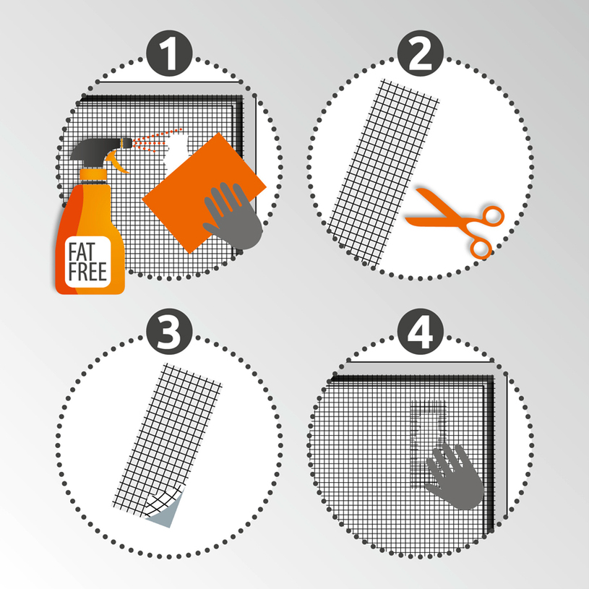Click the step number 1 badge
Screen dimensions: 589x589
tap(169, 53)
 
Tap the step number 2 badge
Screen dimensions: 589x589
tap(421, 53)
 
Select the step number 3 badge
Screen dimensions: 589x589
tap(169, 332)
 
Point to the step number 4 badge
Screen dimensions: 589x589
tap(421, 332)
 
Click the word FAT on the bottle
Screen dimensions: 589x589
tap(82, 252)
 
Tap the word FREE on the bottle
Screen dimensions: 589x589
tap(87, 271)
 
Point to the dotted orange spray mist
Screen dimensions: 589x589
tap(157, 140)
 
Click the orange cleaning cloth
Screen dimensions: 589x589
tap(204, 193)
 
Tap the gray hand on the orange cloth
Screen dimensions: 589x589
tap(233, 216)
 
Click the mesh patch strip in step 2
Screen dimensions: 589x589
tap(384, 173)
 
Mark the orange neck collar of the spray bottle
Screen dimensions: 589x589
tap(93, 175)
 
